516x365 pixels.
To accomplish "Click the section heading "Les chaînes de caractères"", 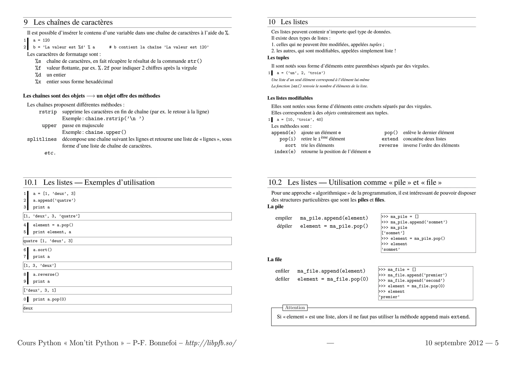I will click(x=73, y=22).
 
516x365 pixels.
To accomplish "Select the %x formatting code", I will click(x=38, y=82).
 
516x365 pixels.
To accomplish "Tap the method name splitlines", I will click(x=42, y=139).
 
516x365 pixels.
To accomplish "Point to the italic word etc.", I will click(x=50, y=153).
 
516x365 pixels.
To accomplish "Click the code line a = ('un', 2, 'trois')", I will click(x=301, y=73).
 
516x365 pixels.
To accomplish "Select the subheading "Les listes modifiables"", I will click(x=290, y=98).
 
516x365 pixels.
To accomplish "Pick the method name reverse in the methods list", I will click(x=388, y=145).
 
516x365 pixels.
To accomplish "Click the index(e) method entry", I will click(x=285, y=152).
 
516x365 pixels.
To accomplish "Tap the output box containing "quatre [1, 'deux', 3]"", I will click(x=127, y=241).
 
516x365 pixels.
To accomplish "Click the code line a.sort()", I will click(x=42, y=250).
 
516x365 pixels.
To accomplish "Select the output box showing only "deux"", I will click(x=127, y=308).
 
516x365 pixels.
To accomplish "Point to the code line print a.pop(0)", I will click(x=49, y=299).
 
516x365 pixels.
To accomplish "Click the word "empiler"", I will click(x=283, y=218).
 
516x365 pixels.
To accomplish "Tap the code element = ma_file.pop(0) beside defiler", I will click(x=333, y=279).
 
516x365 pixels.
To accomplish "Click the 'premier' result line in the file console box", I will click(x=389, y=297).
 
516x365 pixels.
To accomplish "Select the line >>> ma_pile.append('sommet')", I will click(x=414, y=222).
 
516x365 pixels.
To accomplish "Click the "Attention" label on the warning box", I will click(x=295, y=308).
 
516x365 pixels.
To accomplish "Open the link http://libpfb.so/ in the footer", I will click(x=211, y=343).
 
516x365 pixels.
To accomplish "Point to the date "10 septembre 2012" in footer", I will click(x=454, y=343).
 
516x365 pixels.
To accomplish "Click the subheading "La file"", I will click(x=275, y=259).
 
